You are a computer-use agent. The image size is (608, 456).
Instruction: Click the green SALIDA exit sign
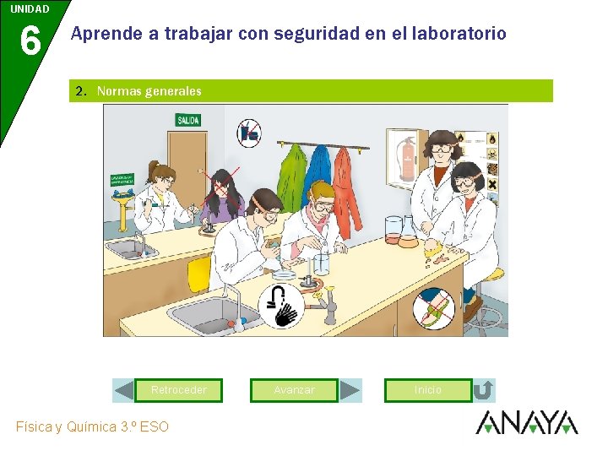click(x=187, y=121)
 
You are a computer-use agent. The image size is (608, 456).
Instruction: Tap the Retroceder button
click(x=178, y=390)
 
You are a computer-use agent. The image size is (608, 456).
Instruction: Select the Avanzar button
click(x=294, y=390)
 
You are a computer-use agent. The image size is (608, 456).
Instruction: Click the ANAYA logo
click(x=526, y=422)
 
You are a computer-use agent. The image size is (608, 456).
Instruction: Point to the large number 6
click(x=30, y=41)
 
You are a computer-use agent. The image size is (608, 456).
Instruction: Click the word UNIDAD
click(x=30, y=9)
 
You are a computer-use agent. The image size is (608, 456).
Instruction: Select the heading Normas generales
click(x=149, y=91)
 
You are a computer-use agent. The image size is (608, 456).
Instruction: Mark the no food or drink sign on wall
click(x=248, y=133)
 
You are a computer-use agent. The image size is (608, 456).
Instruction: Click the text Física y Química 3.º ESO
click(x=92, y=426)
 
